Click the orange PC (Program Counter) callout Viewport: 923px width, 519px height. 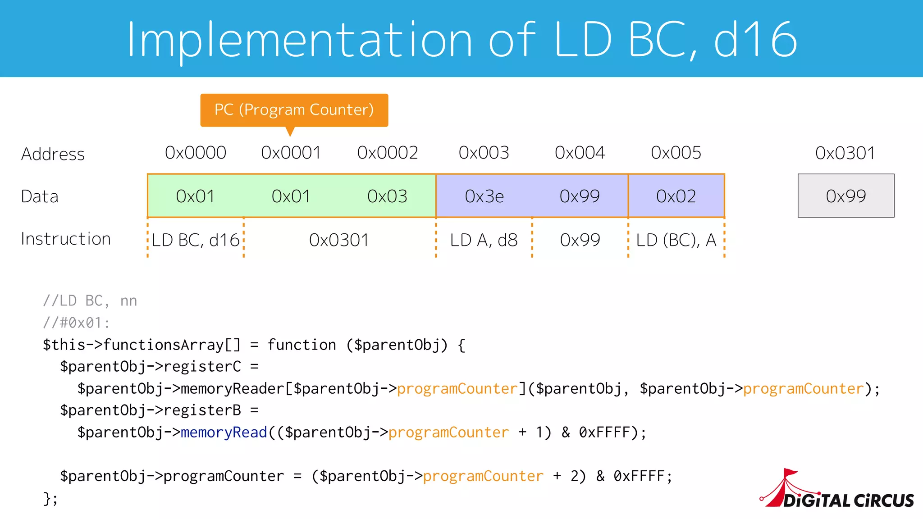[x=294, y=110]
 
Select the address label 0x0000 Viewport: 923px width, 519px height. [x=196, y=153]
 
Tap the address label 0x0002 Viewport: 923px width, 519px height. [x=388, y=153]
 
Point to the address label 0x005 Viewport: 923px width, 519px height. [x=676, y=153]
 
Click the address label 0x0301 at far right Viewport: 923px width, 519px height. [x=845, y=153]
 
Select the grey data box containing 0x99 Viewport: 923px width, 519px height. [x=846, y=196]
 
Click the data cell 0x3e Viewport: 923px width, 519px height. [x=484, y=196]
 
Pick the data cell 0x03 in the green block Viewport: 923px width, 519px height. [x=387, y=196]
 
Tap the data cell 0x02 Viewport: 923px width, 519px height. [x=676, y=196]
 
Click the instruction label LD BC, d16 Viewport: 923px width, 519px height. [x=196, y=240]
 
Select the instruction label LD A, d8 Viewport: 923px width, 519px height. [x=484, y=240]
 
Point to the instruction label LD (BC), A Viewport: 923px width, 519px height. [x=676, y=240]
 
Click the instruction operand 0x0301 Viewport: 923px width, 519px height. [x=339, y=240]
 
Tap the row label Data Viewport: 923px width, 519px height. [x=40, y=197]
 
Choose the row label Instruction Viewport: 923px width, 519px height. [x=66, y=239]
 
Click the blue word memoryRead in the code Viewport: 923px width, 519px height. [x=224, y=432]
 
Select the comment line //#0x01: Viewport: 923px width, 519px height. [x=76, y=323]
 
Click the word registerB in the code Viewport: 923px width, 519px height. [x=202, y=410]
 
